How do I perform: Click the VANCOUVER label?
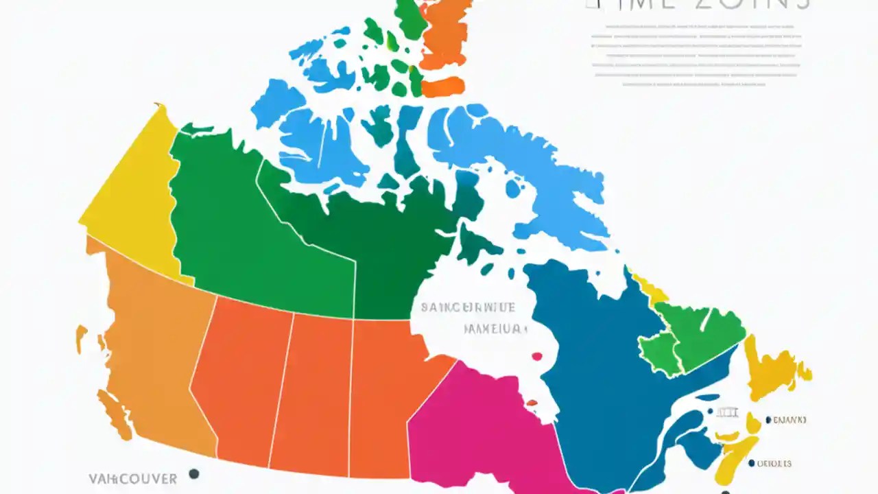click(132, 478)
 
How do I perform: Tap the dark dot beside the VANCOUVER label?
click(194, 473)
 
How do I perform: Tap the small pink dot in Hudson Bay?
click(536, 356)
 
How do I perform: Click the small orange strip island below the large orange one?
click(442, 87)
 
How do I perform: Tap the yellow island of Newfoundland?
click(772, 370)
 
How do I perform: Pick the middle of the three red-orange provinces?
click(319, 391)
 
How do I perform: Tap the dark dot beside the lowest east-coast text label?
click(752, 463)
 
